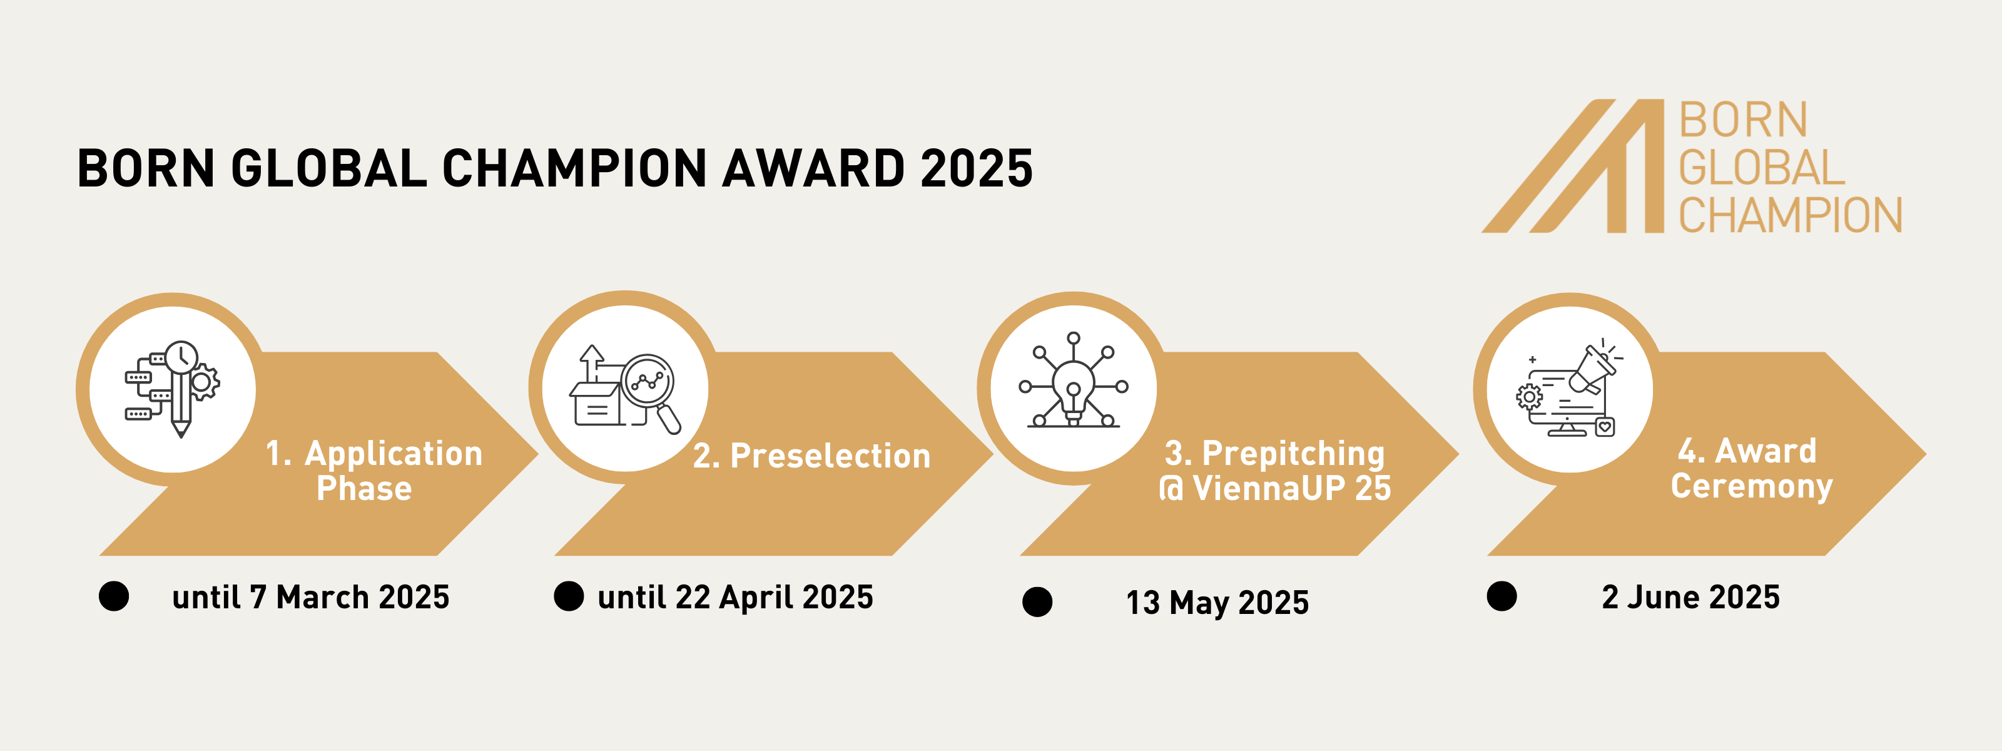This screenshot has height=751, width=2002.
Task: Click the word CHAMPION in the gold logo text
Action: (x=1790, y=215)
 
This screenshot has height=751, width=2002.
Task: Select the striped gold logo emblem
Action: (x=1572, y=166)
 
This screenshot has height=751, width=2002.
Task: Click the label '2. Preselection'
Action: (x=811, y=456)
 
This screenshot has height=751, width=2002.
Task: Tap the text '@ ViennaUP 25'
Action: (x=1274, y=488)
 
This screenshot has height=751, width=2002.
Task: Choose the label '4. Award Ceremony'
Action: (x=1752, y=468)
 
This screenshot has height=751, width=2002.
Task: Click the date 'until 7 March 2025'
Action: (x=311, y=597)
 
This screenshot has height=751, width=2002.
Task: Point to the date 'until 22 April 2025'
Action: (x=735, y=597)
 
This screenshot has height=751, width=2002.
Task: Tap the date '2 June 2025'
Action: (x=1690, y=597)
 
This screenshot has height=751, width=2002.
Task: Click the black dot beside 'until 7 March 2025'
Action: (x=114, y=596)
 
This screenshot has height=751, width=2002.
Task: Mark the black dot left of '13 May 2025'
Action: (x=1037, y=601)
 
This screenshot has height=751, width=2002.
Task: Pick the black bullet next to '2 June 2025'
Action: (x=1501, y=596)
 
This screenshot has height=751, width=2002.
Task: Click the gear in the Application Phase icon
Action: (x=203, y=382)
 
